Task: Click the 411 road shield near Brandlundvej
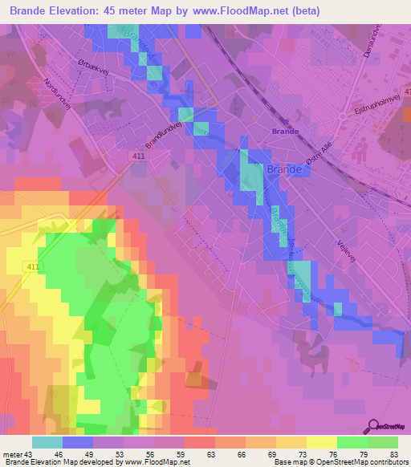(140, 156)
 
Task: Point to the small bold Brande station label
(285, 131)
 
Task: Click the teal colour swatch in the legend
(47, 442)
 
